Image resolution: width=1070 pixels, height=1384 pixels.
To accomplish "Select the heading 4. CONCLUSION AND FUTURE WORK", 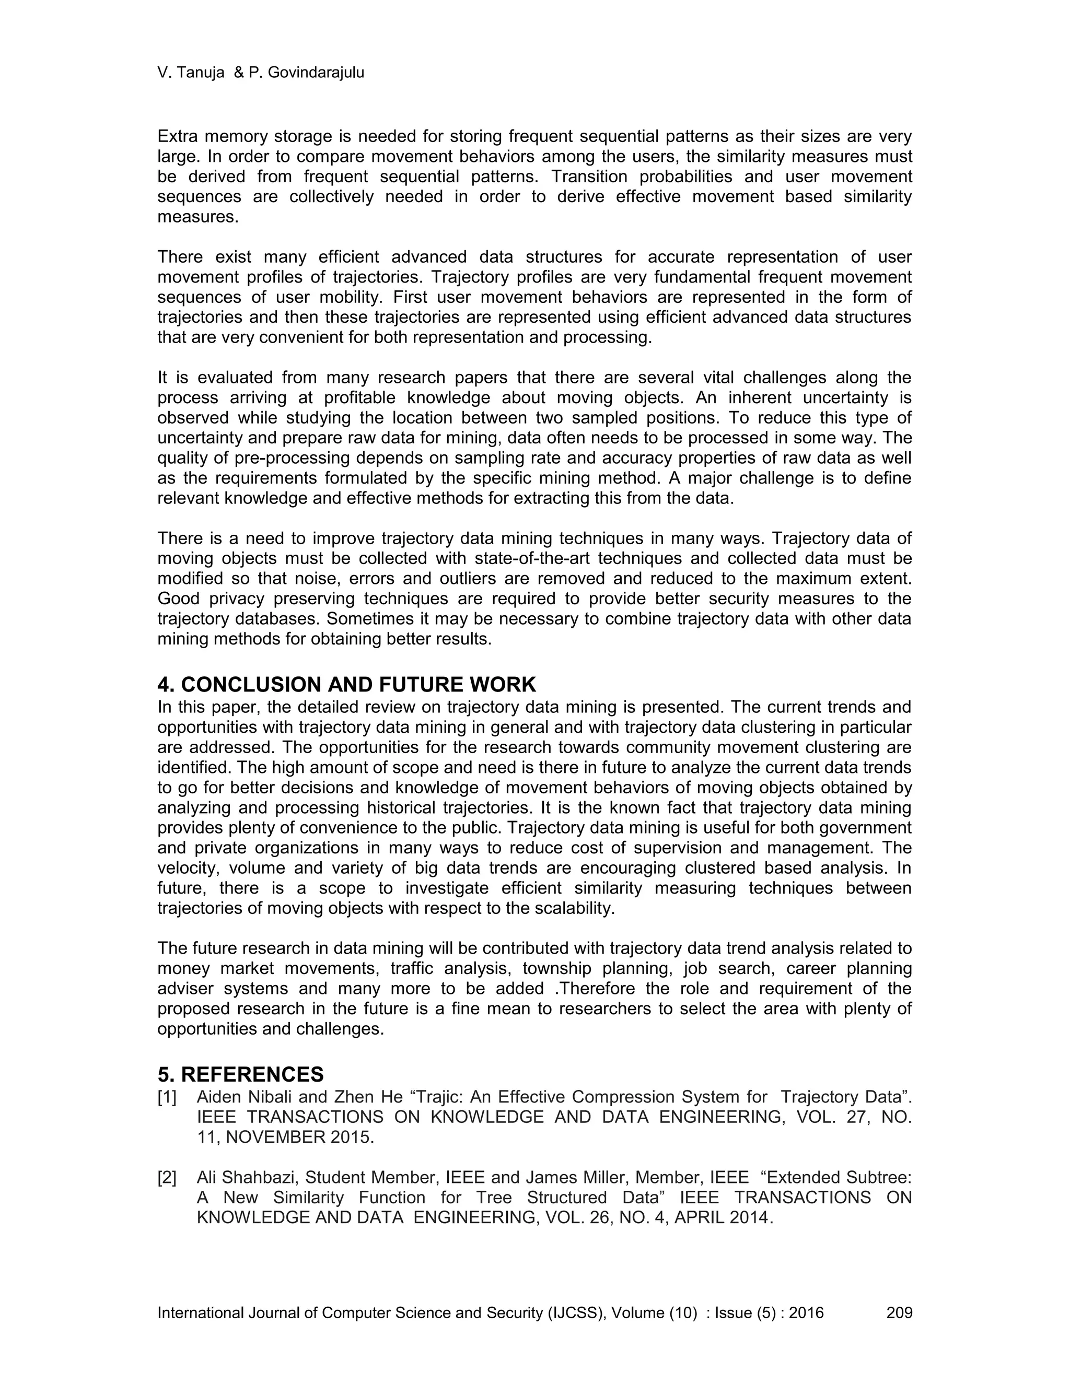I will pyautogui.click(x=347, y=684).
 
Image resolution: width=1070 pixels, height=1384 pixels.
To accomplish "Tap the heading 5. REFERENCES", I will pyautogui.click(x=241, y=1074).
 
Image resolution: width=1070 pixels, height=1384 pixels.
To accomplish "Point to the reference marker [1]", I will pyautogui.click(x=167, y=1097).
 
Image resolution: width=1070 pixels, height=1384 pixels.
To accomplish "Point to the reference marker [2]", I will pyautogui.click(x=167, y=1177).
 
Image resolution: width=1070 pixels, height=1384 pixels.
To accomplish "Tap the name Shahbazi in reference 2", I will pyautogui.click(x=266, y=1177).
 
